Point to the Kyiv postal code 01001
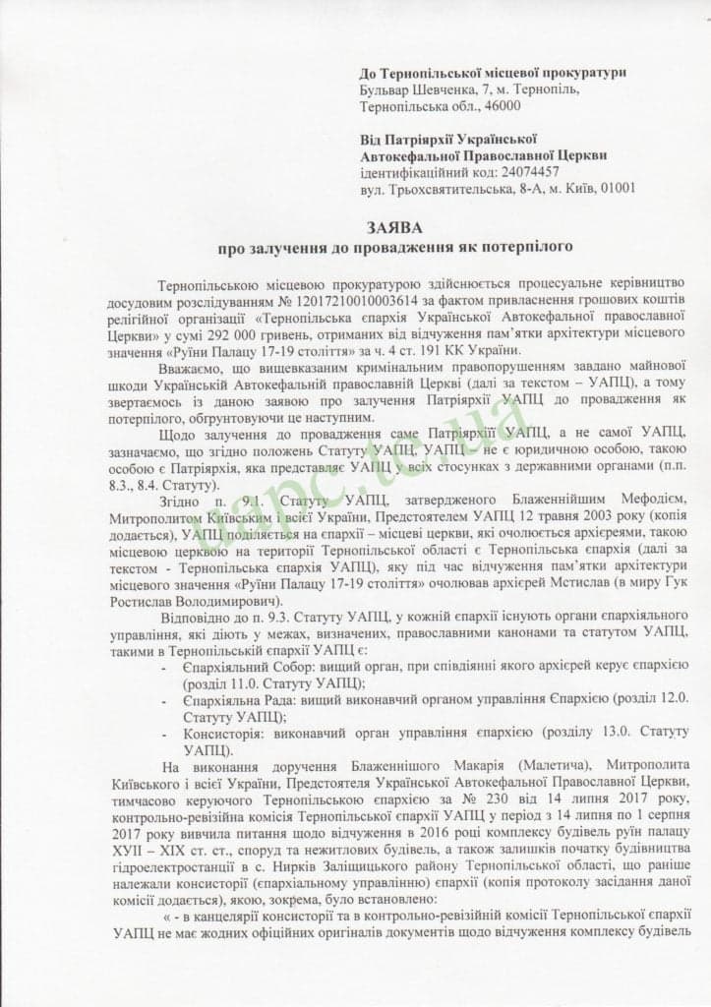click(x=616, y=188)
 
